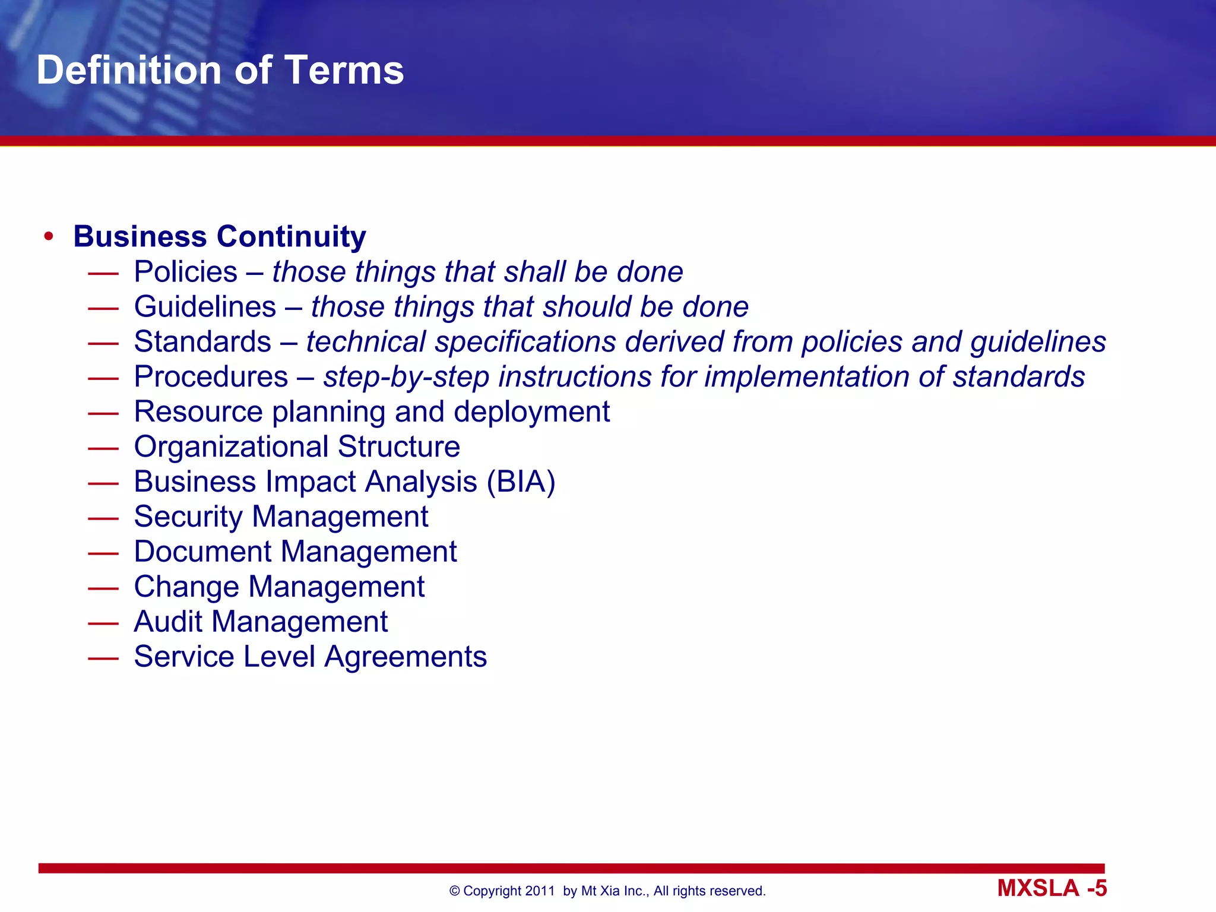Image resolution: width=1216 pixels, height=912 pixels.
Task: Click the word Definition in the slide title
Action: (130, 70)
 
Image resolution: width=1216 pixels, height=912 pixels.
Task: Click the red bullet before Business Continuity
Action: (49, 237)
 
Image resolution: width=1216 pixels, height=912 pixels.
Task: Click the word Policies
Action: (185, 272)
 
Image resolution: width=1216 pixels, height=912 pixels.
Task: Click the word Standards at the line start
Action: (202, 342)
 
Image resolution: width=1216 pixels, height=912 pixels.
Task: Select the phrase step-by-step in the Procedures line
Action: (406, 378)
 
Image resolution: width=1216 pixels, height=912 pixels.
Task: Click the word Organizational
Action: (230, 446)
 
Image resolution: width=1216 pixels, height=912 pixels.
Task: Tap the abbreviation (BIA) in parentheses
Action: (521, 482)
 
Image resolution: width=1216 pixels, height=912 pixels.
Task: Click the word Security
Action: (188, 517)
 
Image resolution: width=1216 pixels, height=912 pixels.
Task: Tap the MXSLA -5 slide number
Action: (1052, 888)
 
